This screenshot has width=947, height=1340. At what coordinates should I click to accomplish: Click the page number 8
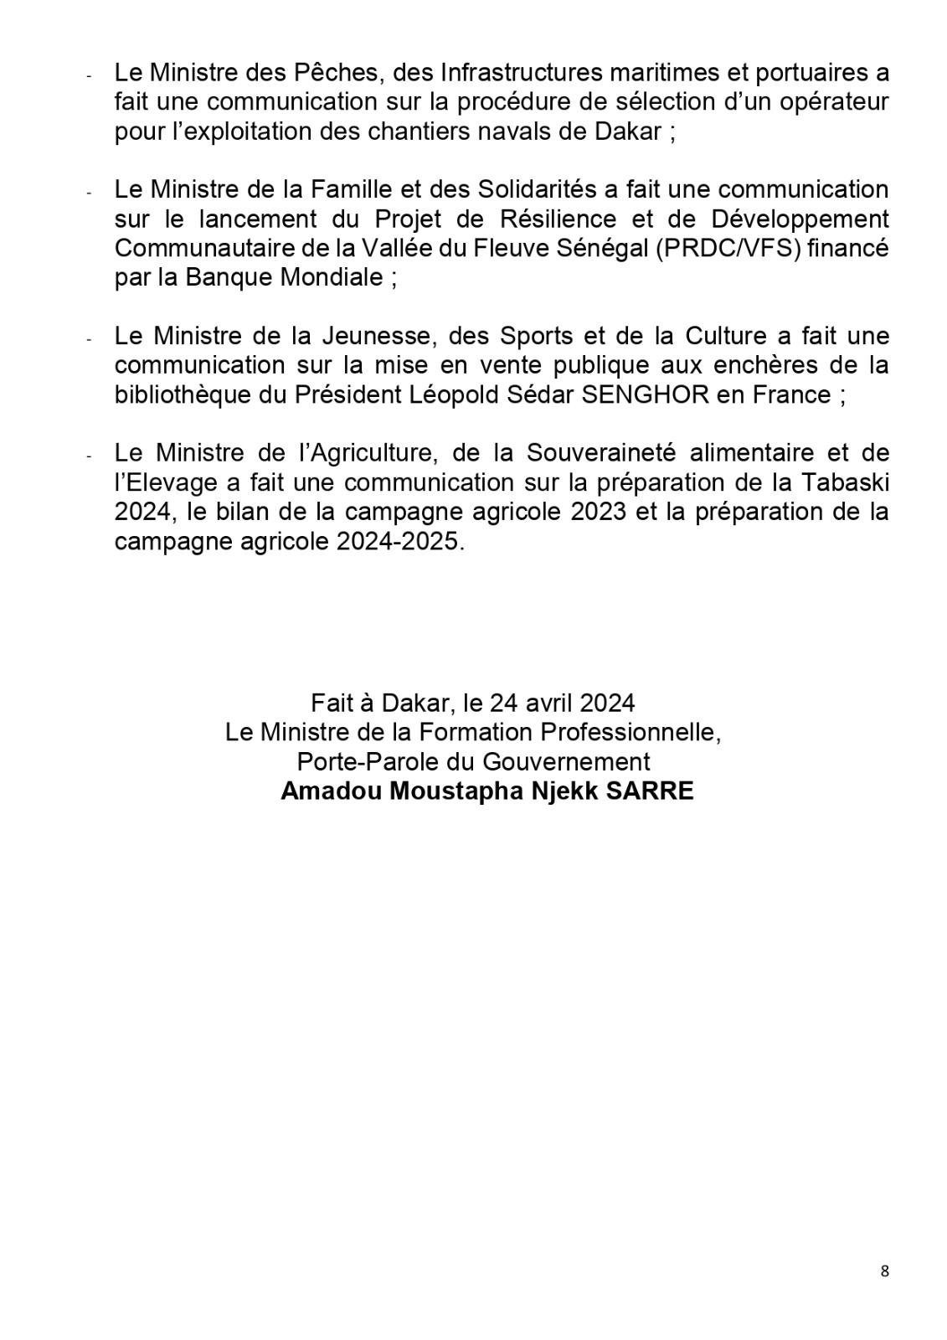(885, 1271)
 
